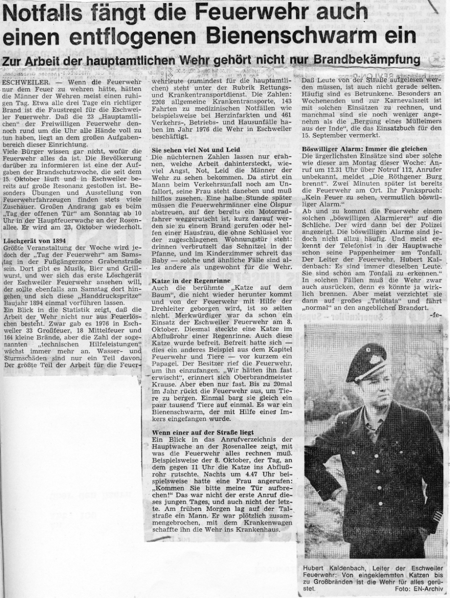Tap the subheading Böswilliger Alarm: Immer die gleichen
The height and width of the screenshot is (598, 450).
365,148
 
